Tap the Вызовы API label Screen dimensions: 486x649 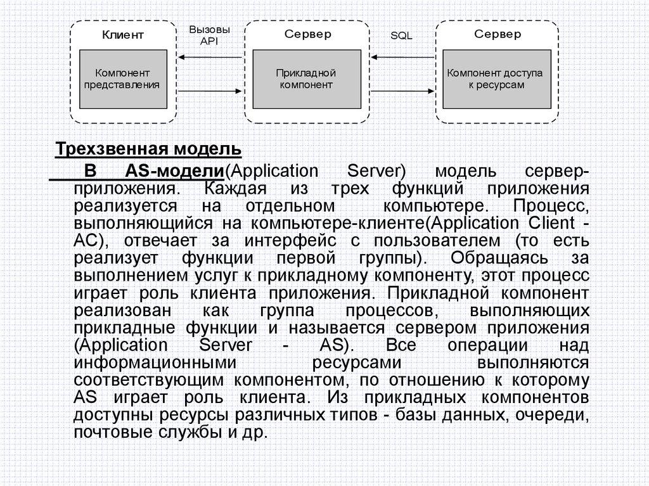tap(209, 35)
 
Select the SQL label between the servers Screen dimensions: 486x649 tap(401, 36)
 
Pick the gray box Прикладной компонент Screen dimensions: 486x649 tap(306, 79)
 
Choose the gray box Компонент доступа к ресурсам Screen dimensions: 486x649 tap(495, 79)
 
